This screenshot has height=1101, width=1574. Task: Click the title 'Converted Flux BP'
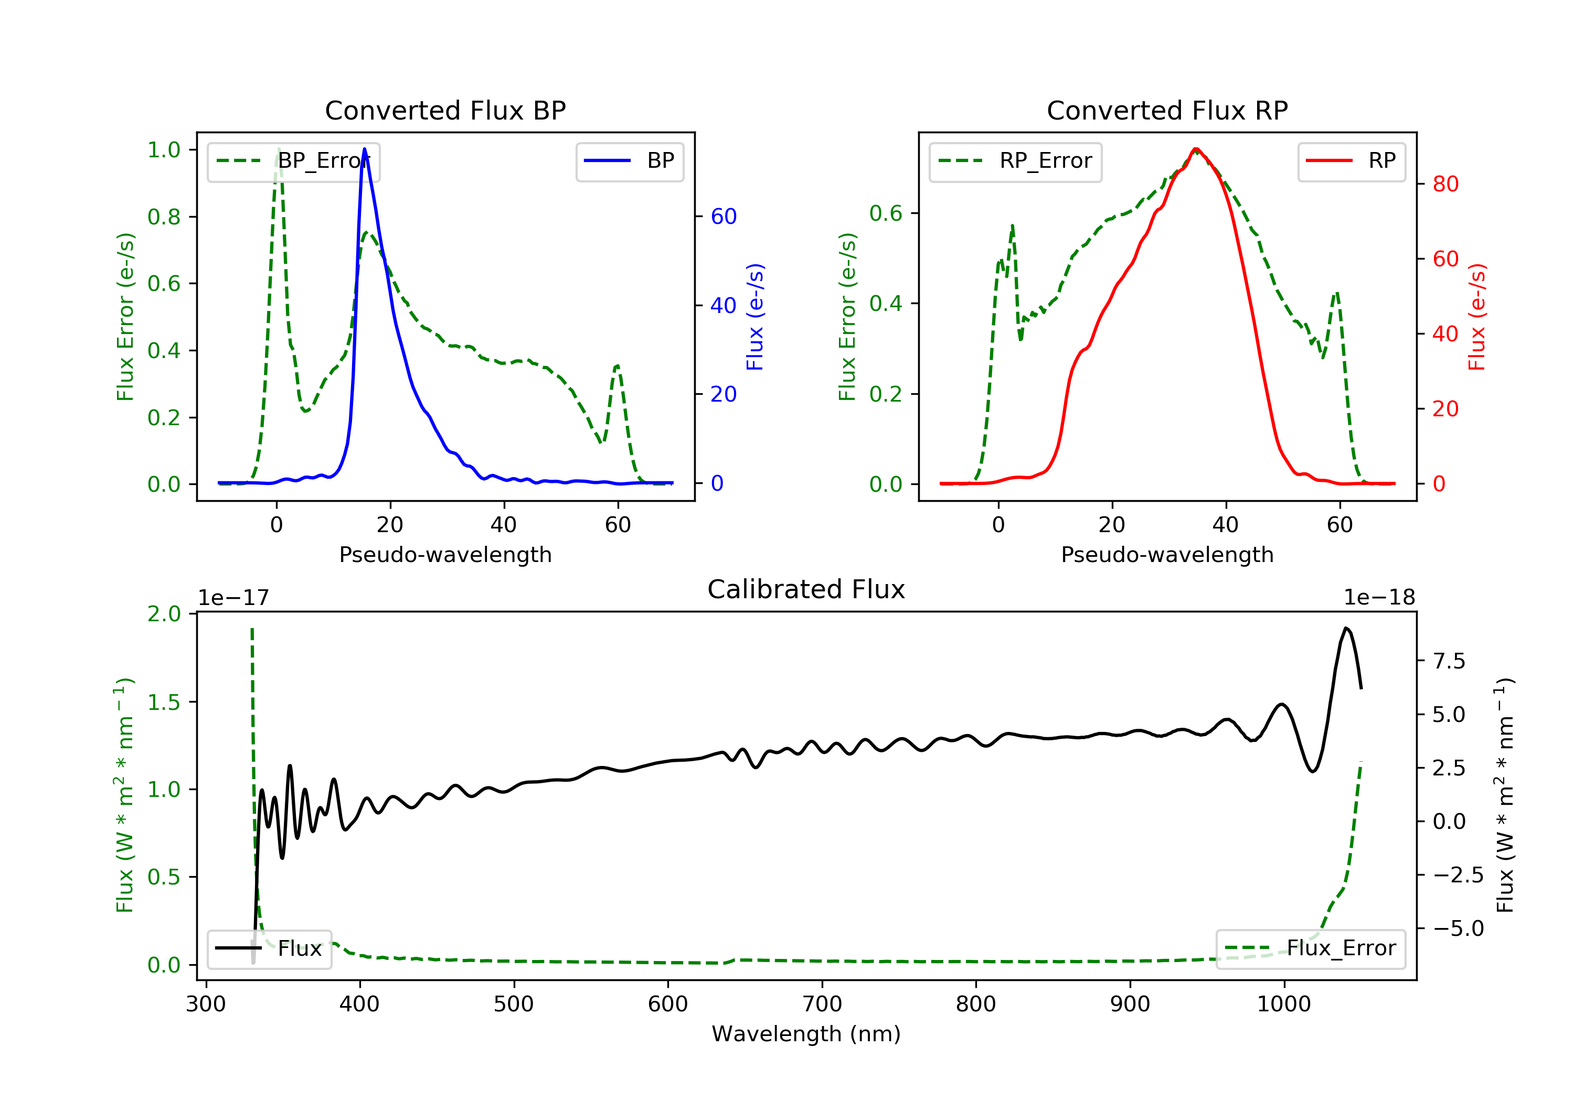coord(445,110)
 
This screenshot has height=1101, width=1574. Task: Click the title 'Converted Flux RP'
coord(1167,110)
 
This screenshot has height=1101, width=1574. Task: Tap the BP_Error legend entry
coord(293,161)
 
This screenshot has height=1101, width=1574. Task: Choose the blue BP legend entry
coord(629,161)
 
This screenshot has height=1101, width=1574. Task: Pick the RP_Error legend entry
coord(1015,161)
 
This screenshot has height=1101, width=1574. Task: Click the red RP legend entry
coord(1351,161)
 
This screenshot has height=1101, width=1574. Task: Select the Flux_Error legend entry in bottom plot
coord(1310,948)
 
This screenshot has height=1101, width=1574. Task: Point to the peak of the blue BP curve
coord(364,149)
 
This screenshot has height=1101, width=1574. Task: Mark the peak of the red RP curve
coord(1196,149)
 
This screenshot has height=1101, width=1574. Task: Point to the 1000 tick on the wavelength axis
coord(1283,1005)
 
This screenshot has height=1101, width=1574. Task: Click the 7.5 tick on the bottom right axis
coord(1449,661)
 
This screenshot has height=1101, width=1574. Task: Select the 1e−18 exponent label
coord(1379,598)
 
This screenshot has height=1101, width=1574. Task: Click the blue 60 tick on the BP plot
coord(723,217)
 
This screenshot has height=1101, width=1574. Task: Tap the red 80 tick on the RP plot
coord(1445,183)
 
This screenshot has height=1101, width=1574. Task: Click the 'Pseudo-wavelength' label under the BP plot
coord(445,554)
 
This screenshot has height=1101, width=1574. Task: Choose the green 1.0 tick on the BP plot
coord(163,150)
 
